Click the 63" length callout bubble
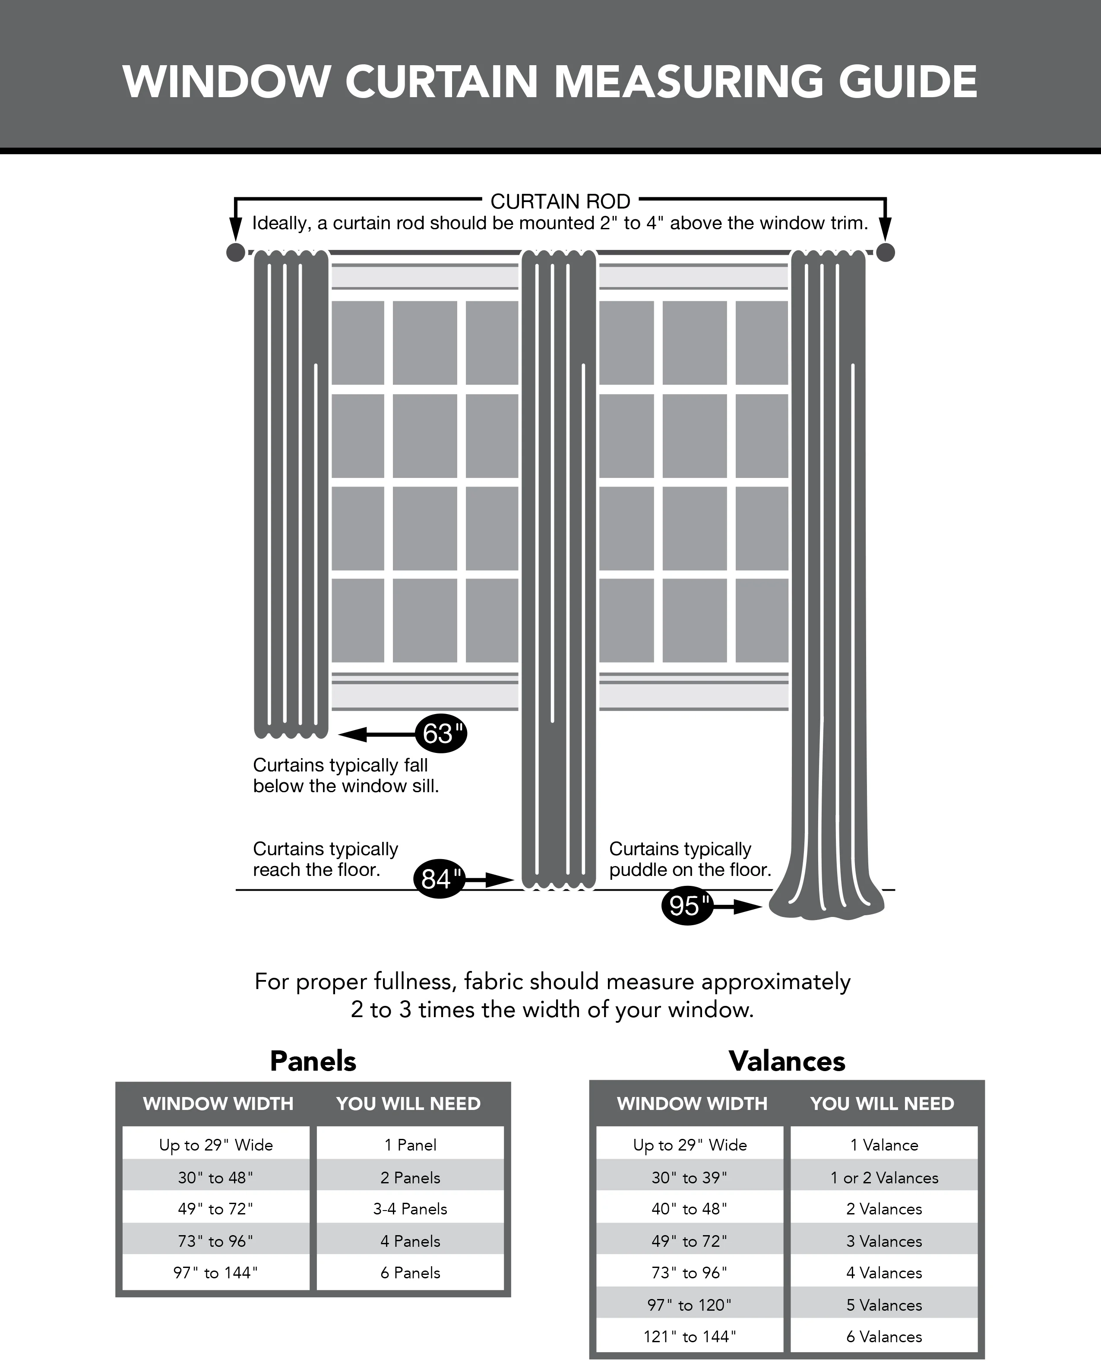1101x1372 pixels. tap(440, 734)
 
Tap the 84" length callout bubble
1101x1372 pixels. tap(439, 879)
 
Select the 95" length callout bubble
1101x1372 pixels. tap(687, 906)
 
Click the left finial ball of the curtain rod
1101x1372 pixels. tap(235, 253)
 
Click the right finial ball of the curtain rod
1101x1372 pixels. tap(885, 253)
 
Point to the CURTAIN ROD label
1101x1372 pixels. tap(560, 202)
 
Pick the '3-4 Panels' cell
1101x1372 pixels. tap(410, 1209)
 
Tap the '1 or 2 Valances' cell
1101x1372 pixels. tap(884, 1178)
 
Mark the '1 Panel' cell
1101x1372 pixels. tap(410, 1145)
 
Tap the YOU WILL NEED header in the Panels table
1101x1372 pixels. tap(408, 1103)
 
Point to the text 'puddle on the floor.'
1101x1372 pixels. tap(690, 870)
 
